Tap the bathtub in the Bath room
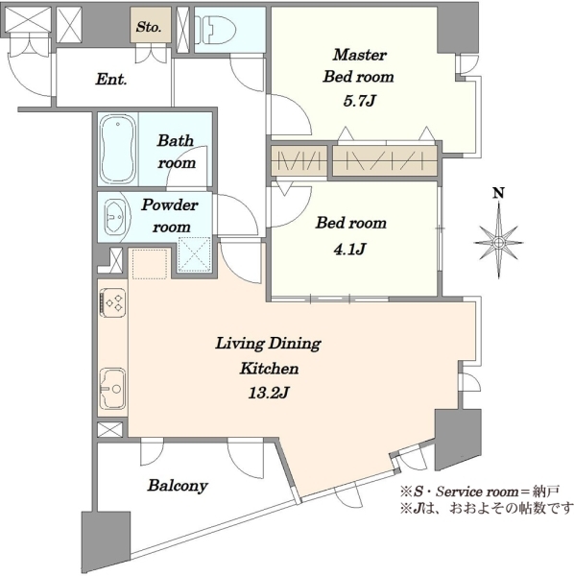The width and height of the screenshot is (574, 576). tap(118, 150)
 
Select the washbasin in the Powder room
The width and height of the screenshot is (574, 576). tap(115, 217)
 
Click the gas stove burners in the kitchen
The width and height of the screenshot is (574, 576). tap(113, 302)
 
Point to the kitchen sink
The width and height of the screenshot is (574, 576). tap(112, 389)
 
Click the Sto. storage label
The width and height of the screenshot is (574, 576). tap(149, 27)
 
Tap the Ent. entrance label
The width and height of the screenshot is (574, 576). tap(111, 80)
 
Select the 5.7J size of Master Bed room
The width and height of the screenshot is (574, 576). tap(359, 100)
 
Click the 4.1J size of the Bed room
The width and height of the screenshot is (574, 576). tap(349, 250)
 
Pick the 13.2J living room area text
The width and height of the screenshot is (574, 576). tap(269, 394)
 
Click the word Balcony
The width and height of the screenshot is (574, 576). tap(178, 486)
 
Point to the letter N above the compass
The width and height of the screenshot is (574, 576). tap(498, 193)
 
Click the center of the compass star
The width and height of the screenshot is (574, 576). tap(498, 243)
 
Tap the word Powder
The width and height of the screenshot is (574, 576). tap(170, 205)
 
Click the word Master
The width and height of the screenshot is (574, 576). tap(360, 55)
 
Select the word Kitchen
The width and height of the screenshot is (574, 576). tap(269, 369)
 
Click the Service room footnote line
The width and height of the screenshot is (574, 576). tap(480, 491)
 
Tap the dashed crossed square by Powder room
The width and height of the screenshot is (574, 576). tap(194, 254)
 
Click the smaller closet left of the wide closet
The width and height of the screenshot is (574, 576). tap(299, 161)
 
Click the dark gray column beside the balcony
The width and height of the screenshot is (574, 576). tap(106, 542)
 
